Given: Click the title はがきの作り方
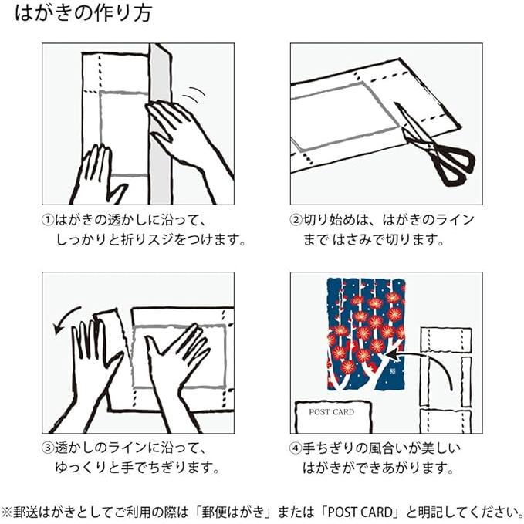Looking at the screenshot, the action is (83, 13).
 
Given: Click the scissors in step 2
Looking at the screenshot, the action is (434, 147).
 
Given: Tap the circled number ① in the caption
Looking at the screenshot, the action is (48, 220).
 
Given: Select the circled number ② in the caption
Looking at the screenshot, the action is (296, 220).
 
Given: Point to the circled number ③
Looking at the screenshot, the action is (48, 448).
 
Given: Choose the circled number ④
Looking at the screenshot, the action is (296, 448).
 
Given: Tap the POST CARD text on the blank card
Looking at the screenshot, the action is (332, 412).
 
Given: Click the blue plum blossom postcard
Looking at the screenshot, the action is (367, 334).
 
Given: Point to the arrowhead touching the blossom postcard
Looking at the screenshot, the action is (394, 355).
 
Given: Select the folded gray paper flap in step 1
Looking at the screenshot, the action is (161, 123).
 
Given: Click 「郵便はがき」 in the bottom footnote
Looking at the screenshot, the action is (234, 512).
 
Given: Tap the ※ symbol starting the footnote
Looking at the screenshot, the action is (7, 512).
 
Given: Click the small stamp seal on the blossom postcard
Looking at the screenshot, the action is (392, 371).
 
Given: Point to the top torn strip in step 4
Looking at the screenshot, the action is (446, 340).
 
